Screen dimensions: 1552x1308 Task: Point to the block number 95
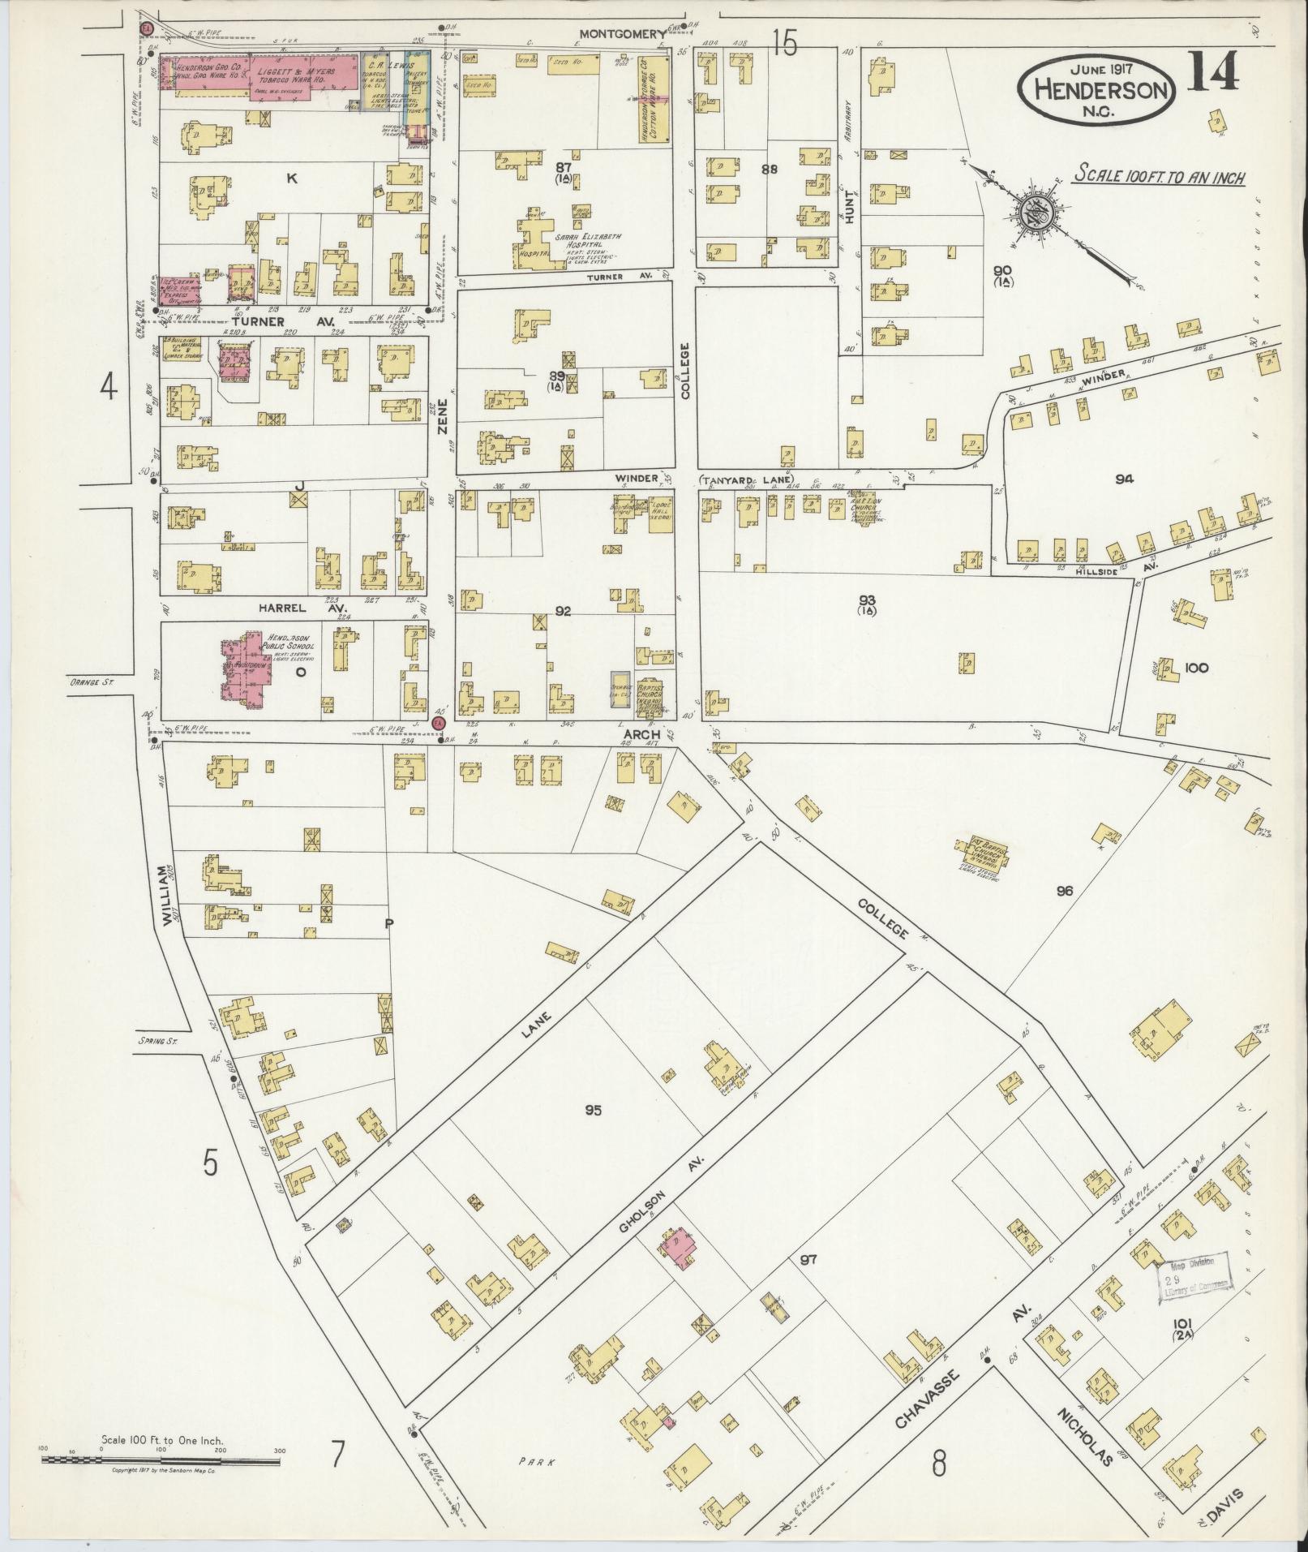click(593, 1110)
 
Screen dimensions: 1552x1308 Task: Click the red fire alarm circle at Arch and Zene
click(440, 722)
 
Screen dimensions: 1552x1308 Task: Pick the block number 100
click(1196, 669)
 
